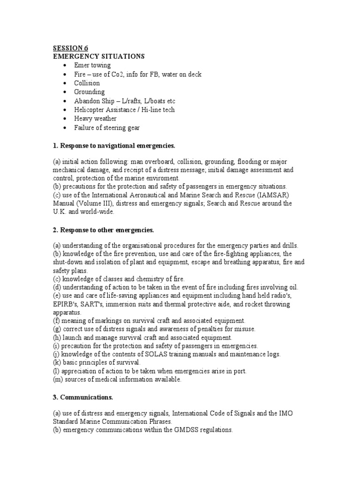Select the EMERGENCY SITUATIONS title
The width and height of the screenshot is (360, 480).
98,56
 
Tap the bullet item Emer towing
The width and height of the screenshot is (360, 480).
92,65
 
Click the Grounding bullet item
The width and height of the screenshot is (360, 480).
89,92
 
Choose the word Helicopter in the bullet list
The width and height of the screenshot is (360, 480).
90,110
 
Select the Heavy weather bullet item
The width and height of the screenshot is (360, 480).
95,119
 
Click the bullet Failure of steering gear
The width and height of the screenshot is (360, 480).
107,127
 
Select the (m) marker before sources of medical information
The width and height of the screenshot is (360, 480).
58,379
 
